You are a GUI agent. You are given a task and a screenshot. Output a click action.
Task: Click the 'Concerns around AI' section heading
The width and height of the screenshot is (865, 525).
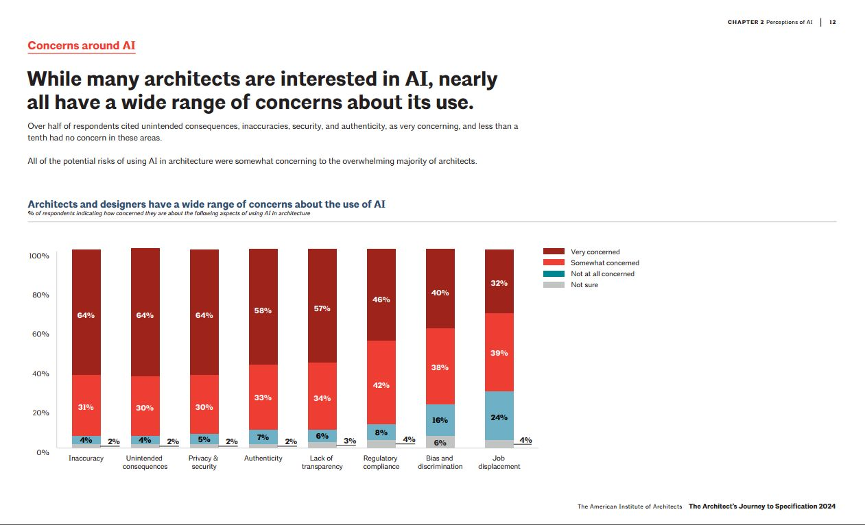pyautogui.click(x=81, y=46)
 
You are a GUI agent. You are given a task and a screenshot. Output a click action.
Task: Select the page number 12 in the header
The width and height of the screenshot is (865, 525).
pyautogui.click(x=832, y=22)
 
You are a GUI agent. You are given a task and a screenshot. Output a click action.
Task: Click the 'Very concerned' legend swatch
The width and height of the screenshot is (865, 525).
pyautogui.click(x=554, y=252)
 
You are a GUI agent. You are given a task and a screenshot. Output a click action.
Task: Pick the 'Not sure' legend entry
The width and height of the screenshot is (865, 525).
pyautogui.click(x=584, y=284)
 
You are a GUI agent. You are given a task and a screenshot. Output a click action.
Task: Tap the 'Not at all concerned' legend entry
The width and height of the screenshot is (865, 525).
pyautogui.click(x=602, y=273)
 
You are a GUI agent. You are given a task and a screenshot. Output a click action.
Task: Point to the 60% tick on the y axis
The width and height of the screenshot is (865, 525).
pyautogui.click(x=39, y=334)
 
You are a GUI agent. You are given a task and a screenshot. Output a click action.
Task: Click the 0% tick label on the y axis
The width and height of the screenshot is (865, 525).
pyautogui.click(x=42, y=452)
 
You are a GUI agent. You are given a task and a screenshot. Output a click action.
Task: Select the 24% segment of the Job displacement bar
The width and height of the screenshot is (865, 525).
pyautogui.click(x=499, y=417)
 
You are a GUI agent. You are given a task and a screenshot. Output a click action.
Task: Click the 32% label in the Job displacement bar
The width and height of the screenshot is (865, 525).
pyautogui.click(x=499, y=282)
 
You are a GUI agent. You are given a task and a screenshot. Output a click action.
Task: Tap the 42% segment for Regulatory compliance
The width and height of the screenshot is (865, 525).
pyautogui.click(x=381, y=384)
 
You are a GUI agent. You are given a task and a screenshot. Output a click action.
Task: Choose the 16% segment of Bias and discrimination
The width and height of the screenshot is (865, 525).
pyautogui.click(x=440, y=419)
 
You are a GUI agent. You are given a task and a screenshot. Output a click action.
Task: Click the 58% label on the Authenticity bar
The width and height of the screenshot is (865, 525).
pyautogui.click(x=263, y=310)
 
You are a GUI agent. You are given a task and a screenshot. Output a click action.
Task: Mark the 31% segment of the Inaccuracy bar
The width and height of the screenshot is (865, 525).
pyautogui.click(x=86, y=406)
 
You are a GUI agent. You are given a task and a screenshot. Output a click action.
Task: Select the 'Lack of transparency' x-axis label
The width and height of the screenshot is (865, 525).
pyautogui.click(x=322, y=462)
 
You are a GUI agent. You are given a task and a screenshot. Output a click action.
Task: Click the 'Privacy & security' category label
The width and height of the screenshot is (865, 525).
pyautogui.click(x=204, y=462)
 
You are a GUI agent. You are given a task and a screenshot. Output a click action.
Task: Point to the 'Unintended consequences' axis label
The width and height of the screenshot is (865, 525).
pyautogui.click(x=145, y=462)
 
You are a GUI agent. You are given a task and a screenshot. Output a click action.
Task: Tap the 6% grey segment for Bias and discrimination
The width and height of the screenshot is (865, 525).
pyautogui.click(x=440, y=442)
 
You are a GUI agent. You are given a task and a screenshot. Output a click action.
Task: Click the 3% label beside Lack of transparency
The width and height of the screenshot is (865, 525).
pyautogui.click(x=350, y=441)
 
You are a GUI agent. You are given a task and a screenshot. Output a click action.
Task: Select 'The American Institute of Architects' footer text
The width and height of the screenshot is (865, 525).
pyautogui.click(x=629, y=506)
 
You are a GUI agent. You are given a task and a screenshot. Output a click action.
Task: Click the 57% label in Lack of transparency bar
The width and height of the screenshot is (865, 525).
pyautogui.click(x=322, y=308)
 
